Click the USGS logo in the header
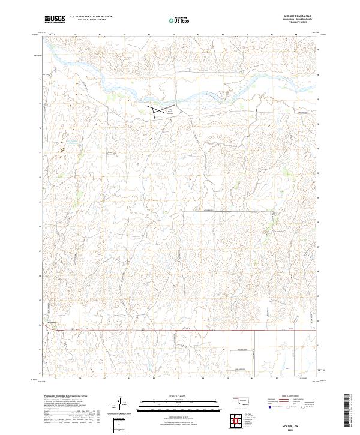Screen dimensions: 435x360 click(x=55, y=20)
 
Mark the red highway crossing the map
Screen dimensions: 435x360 click(x=180, y=329)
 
